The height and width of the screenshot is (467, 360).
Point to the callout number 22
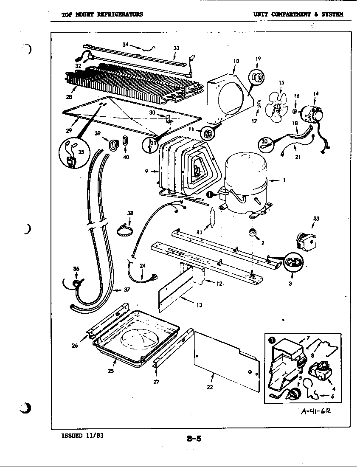210,387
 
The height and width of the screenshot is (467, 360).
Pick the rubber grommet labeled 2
253,233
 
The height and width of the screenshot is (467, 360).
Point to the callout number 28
69,96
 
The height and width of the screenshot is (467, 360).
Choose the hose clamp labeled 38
124,231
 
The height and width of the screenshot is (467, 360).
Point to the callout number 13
200,305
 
